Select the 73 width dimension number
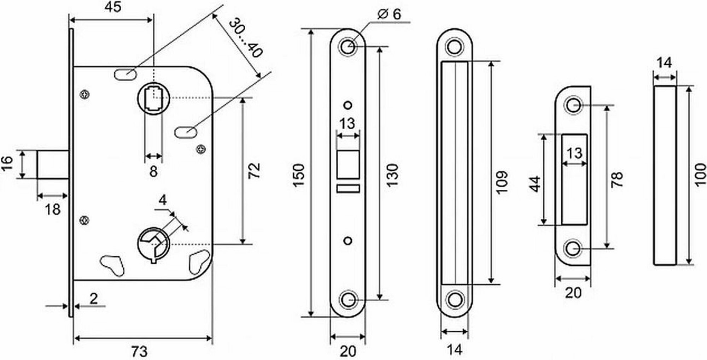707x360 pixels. click(139, 352)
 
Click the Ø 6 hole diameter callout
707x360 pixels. click(389, 14)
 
